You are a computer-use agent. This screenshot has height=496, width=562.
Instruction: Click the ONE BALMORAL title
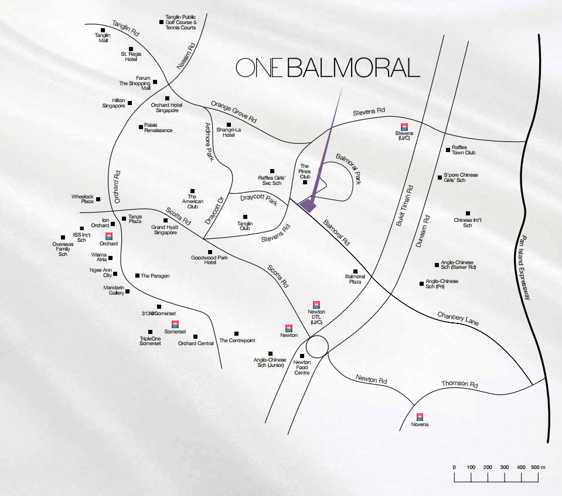click(328, 68)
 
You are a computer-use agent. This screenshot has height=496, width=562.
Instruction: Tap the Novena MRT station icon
click(420, 417)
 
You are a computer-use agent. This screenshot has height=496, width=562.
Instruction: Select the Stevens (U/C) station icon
click(404, 127)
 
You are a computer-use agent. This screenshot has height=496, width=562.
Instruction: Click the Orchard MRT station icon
click(109, 236)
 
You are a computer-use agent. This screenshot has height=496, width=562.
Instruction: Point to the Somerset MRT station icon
click(175, 324)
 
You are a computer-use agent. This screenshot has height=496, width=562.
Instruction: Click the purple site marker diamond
click(308, 205)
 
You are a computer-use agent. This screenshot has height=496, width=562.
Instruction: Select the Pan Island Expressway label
click(523, 267)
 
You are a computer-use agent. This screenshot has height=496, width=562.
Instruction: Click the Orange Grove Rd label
click(234, 112)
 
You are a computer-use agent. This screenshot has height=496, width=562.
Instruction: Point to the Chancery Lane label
click(458, 318)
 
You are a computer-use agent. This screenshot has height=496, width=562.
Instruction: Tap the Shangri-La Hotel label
click(229, 132)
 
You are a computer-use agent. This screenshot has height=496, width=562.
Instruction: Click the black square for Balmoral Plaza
click(355, 272)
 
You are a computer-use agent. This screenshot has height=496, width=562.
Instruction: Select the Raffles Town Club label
click(464, 150)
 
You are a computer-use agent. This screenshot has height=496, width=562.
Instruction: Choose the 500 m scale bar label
click(537, 467)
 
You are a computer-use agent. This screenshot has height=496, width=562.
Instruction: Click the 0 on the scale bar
click(454, 467)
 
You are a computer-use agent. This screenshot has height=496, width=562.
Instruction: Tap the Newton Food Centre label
click(302, 367)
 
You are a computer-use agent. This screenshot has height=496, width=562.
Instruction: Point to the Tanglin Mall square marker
click(103, 31)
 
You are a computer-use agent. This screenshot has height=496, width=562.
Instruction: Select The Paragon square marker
click(137, 276)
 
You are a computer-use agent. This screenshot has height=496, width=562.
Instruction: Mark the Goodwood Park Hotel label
click(209, 260)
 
